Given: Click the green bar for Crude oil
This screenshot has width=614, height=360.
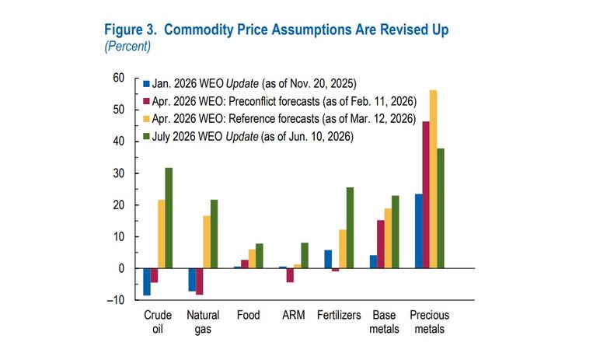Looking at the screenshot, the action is pos(169,218).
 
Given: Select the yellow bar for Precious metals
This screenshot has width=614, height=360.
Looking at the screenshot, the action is pos(433,179).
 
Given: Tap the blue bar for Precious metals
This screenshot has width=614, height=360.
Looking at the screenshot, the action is pos(419,231).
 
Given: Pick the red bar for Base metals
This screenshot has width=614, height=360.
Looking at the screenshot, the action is pos(381,244).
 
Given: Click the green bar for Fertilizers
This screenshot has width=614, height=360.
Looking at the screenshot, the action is pos(350,228).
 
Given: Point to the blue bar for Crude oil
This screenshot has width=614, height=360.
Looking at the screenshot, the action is pos(147,281).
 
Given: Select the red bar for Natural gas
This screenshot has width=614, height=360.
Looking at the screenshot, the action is pos(200,281).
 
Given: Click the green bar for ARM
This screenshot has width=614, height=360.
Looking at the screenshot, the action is pos(305,255).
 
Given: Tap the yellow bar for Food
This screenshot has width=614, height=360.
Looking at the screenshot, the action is pos(252,259).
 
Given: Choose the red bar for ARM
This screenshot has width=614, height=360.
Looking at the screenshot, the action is pos(290,275).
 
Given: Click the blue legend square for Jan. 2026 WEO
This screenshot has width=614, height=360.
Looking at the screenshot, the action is pos(146,84).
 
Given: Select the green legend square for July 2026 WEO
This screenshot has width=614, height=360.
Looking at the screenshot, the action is pos(146,136).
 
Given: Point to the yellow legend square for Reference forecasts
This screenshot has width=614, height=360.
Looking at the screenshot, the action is pos(146,119).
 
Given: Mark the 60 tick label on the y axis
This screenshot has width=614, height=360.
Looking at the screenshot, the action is pos(119,78).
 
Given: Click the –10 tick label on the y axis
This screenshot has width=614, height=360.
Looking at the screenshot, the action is pos(116,300).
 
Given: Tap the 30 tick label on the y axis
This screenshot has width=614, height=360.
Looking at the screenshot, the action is pos(119,173).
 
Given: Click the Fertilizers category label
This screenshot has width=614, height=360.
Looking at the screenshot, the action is pos(339,315).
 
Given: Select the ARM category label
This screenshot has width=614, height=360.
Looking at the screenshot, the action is pos(294,315).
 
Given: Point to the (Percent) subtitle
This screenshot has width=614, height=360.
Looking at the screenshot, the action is pos(127,46).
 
